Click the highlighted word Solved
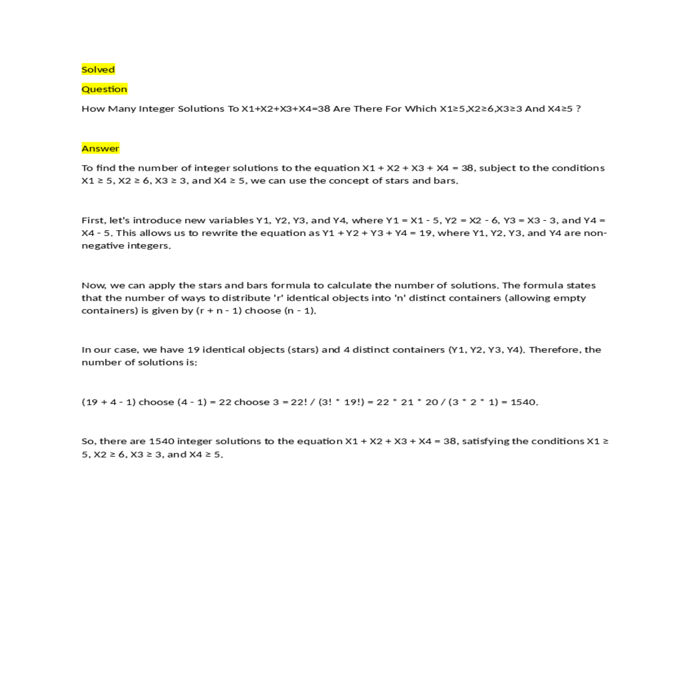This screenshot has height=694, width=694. coord(98,69)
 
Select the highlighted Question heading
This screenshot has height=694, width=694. coord(104,89)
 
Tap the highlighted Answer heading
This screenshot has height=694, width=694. coord(100,149)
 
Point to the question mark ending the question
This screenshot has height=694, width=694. coord(578,109)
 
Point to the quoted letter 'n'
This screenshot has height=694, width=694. coord(400,298)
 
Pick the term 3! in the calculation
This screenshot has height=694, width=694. coord(328,403)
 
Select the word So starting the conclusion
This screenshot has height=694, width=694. coord(88,441)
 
